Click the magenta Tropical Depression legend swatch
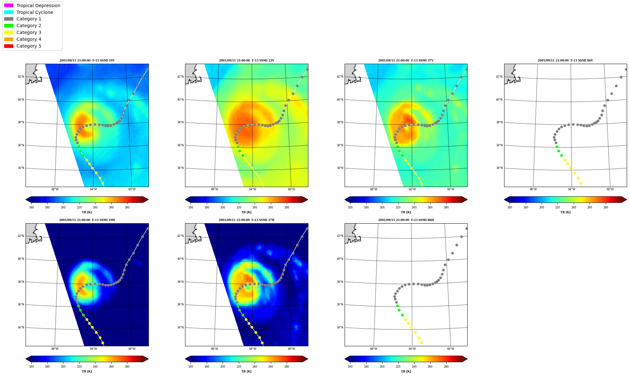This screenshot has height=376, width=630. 9,6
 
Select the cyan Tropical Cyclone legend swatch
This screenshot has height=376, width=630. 9,12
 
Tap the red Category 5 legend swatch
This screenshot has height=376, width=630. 9,46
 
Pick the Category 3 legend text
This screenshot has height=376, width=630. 29,32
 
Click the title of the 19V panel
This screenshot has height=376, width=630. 87,61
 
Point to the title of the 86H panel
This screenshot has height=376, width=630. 406,220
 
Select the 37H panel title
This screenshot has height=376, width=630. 247,220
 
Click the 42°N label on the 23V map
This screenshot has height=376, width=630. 180,77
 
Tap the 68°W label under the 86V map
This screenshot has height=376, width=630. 533,189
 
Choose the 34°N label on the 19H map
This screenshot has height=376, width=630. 21,327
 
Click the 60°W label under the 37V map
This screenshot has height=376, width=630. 451,189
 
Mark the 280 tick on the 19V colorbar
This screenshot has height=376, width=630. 127,207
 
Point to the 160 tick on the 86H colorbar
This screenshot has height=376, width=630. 350,367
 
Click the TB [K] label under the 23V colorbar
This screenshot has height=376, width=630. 247,212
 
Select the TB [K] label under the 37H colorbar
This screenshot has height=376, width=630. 247,371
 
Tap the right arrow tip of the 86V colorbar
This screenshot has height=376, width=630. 627,200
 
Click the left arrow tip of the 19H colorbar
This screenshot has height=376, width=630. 26,359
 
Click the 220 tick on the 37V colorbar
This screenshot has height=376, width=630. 398,207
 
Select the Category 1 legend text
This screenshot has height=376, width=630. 29,19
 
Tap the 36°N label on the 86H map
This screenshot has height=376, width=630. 340,304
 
